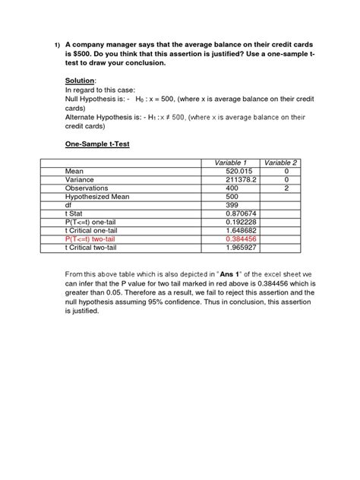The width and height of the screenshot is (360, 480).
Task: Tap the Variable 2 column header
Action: point(280,163)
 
